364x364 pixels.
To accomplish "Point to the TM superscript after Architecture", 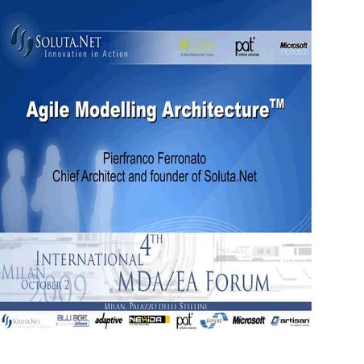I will click(276, 103).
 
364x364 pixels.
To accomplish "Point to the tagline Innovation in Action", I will click(87, 54).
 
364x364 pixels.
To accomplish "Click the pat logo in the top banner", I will click(246, 47).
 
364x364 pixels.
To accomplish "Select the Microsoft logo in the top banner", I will click(293, 47).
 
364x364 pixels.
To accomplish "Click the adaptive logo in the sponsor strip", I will click(109, 321).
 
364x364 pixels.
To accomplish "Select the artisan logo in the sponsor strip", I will click(290, 321).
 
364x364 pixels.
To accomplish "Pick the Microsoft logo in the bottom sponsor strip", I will click(249, 321).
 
